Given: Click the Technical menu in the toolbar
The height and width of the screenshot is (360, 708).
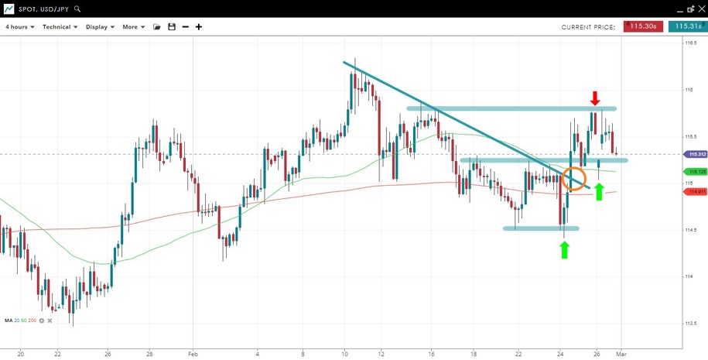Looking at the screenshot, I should click(60, 27).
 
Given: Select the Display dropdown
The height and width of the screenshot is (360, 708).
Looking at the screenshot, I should click(100, 27).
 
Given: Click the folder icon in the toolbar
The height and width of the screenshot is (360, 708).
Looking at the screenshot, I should click(157, 27).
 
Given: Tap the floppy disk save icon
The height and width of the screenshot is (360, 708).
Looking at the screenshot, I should click(172, 27).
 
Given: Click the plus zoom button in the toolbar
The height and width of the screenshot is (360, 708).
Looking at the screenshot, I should click(199, 27).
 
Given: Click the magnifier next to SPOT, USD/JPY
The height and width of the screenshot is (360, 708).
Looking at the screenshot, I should click(76, 9).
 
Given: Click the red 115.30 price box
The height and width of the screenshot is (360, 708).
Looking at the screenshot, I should click(644, 26).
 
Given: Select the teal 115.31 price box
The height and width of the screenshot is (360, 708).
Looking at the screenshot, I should click(687, 26).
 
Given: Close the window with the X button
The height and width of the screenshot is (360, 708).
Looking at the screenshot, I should click(699, 9).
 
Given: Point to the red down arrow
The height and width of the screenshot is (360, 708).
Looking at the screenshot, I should click(595, 98).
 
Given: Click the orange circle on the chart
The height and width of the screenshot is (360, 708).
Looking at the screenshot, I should click(574, 179).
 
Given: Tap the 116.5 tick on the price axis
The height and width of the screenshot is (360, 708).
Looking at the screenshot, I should click(690, 43).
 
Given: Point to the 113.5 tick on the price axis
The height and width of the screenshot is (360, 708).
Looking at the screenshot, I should click(690, 324).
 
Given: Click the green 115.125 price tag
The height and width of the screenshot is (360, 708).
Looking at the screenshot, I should click(696, 171).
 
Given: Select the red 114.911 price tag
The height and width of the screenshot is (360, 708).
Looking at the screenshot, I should click(696, 191).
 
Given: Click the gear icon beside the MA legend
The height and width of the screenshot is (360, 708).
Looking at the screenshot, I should click(42, 321).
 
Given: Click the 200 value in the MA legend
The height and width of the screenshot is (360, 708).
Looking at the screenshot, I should click(32, 321).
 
